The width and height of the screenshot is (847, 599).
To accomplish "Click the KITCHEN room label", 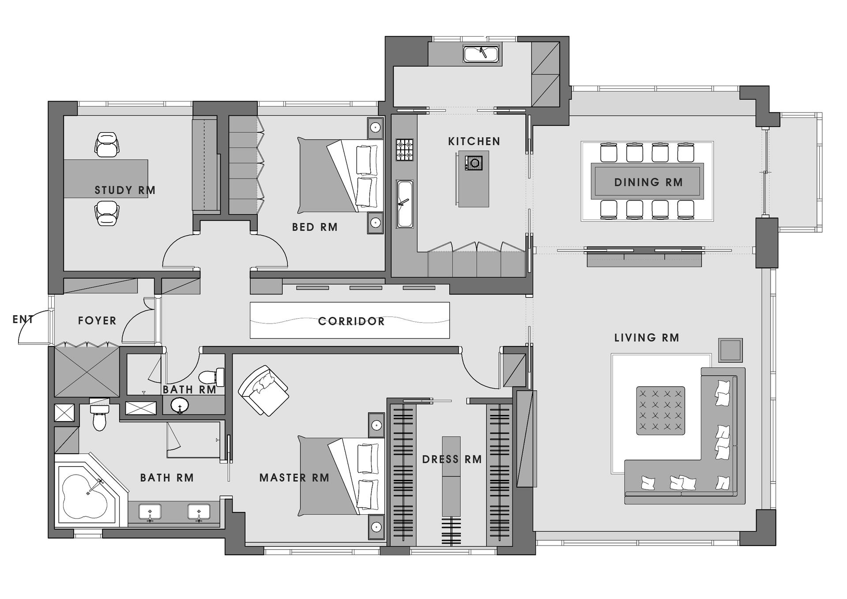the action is coord(474,141).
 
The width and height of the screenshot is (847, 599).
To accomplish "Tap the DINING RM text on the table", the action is coord(648,182).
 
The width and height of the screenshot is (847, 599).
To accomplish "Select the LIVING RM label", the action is coord(647,338).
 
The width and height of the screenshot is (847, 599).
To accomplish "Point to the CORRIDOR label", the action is coord(351,321).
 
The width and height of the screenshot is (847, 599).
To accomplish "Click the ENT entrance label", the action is coord(23,319).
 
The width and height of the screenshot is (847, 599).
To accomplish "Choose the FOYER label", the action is coord(97,320).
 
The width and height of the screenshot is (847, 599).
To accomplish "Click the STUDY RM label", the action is coord(125,190).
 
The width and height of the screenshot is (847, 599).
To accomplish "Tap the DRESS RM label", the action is coord(452,460).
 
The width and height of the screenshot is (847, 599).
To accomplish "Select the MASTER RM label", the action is coord(294,478).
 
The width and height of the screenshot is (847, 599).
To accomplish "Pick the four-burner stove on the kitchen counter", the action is coord(405,150).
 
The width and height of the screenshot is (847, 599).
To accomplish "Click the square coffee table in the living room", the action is coord(660,411).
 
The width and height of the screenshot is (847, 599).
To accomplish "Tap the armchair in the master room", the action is coord(264,390).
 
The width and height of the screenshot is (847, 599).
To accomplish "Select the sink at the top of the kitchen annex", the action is coord(481,54).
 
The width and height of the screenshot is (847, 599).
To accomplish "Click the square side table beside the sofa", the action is coord(730,350).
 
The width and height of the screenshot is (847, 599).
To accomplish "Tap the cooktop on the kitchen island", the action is coord(474,163).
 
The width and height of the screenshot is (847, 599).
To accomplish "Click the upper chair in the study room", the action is coord(107,144).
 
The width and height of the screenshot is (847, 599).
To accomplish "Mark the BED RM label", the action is coord(315,227).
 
